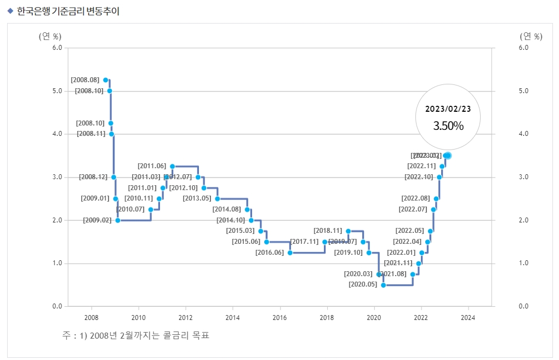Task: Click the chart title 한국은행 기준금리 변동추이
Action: [68, 11]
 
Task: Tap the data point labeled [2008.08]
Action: [106, 80]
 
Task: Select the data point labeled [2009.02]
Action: [118, 220]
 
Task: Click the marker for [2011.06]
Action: [172, 166]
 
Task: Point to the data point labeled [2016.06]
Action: [290, 253]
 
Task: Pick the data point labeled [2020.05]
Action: [384, 285]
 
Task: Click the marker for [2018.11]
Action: [349, 231]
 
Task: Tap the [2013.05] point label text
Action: [197, 198]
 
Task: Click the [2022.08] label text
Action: [416, 198]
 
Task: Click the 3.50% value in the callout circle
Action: [448, 126]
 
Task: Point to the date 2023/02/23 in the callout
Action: [448, 109]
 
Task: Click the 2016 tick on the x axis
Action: [279, 317]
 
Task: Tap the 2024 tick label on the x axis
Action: [468, 317]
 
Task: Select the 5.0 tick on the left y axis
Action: [56, 91]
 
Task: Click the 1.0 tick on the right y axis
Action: [523, 264]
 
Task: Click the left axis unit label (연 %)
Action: [50, 37]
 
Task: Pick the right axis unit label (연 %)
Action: [531, 37]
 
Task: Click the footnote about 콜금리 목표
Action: [136, 335]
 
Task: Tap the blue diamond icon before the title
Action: [10, 11]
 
